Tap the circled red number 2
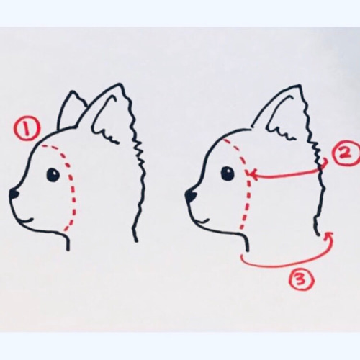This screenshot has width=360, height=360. coord(345,154)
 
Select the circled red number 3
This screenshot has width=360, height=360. coord(302,279)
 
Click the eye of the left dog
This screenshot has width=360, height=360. coord(53,174)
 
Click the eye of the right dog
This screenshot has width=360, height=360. coord(228,174)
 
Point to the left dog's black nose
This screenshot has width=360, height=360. coord(14,194)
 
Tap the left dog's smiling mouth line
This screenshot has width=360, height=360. coord(27,220)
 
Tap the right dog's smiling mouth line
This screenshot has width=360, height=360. coord(202,221)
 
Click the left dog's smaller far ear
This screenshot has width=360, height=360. coord(70,110)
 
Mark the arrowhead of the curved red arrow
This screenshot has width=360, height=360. coord(329,236)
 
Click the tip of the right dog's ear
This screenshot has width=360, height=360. coord(299,85)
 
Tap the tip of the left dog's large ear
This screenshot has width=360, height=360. coord(120,84)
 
